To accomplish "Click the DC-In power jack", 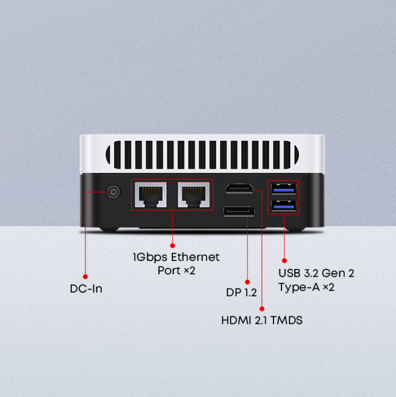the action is click(113, 192).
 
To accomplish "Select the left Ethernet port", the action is click(150, 195).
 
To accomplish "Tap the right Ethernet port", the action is click(194, 195).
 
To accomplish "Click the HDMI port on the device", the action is click(239, 188).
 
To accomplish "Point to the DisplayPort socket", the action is click(239, 212).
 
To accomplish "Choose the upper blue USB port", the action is click(283, 189).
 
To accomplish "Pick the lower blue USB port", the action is click(283, 206).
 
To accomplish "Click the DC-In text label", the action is click(86, 289).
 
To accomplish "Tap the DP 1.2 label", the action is click(241, 293).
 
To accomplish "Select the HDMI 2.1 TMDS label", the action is click(262, 320).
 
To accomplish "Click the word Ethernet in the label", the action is click(195, 257).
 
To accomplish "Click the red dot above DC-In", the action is click(85, 277).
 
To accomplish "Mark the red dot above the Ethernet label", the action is click(172, 246).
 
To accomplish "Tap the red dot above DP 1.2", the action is click(247, 282).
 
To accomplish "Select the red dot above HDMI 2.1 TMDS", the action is click(262, 309).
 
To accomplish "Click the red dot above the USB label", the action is click(285, 260).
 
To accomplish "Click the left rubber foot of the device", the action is click(110, 230).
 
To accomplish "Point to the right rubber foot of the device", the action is click(295, 230).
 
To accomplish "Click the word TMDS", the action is click(286, 320).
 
